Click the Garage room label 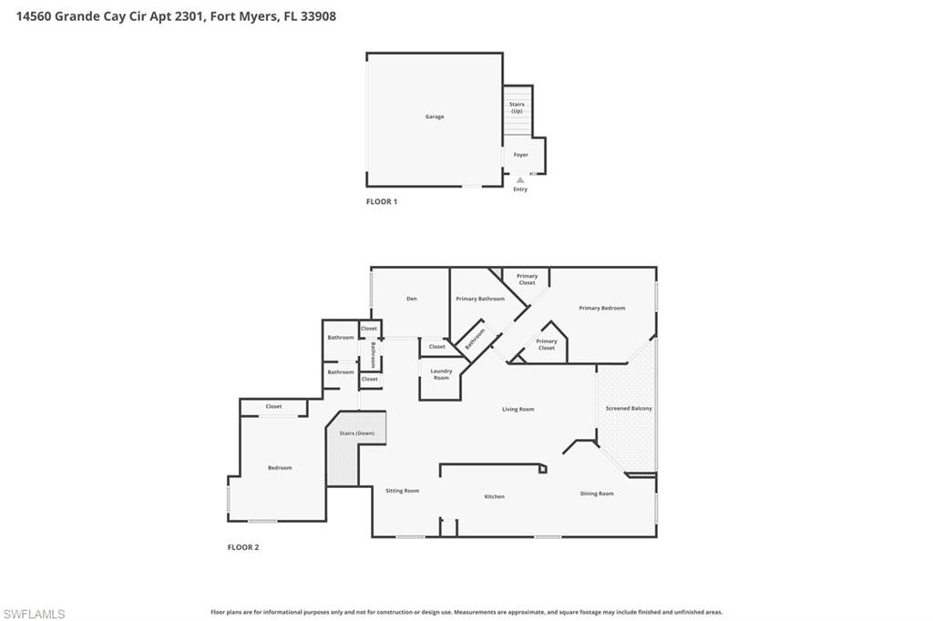coord(435,117)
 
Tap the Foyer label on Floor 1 coord(520,155)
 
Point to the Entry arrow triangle coord(520,180)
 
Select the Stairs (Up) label coord(517,107)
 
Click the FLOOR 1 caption coord(382,201)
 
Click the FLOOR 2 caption coord(243,547)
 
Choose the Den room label coord(412,299)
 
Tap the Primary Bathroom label coord(480,299)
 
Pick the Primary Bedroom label coord(602,308)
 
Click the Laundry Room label coord(441,374)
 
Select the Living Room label coord(518,409)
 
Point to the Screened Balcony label coord(629,408)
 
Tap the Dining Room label coord(597,494)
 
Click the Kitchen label coord(494,496)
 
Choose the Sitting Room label coord(402,491)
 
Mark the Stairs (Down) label coord(356,433)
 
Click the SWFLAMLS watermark coord(35,614)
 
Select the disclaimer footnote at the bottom coord(466,612)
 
